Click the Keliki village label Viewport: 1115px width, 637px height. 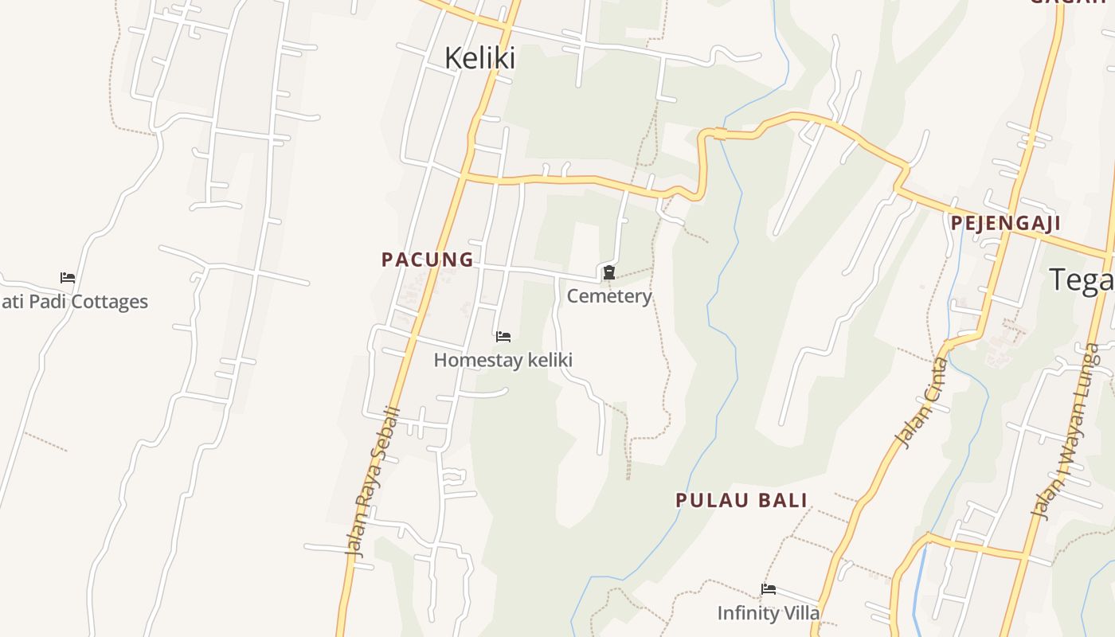point(479,58)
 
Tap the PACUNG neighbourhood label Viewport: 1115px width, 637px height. point(427,260)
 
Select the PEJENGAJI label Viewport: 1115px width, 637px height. point(1005,223)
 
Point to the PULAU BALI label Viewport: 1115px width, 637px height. point(741,500)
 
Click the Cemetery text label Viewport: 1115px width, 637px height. point(609,296)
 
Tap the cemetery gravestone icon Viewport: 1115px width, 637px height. point(609,273)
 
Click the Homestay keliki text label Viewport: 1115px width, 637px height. point(503,360)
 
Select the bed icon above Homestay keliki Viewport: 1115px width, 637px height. point(503,337)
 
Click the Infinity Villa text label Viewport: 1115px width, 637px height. point(768,613)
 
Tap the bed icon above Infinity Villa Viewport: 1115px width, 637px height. point(769,589)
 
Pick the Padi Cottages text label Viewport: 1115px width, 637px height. point(74,302)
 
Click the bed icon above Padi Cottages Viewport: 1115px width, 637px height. point(68,278)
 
